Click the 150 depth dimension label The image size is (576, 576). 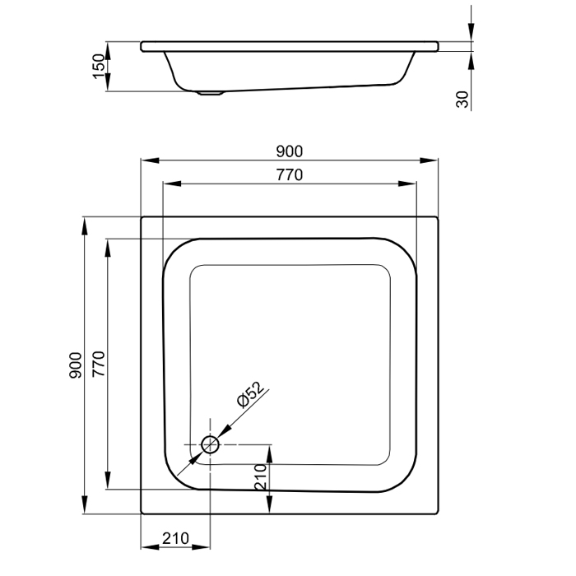point(99,66)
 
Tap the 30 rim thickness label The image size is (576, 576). point(462,100)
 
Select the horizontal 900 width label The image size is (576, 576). point(290,151)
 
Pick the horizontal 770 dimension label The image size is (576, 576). point(290,174)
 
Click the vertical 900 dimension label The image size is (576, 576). point(76,365)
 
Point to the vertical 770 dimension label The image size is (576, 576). point(99,364)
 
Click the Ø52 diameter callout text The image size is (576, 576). point(250,394)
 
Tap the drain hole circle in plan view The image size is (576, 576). point(210,445)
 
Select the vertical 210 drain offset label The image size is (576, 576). point(261,476)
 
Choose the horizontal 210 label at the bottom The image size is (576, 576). point(175,538)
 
